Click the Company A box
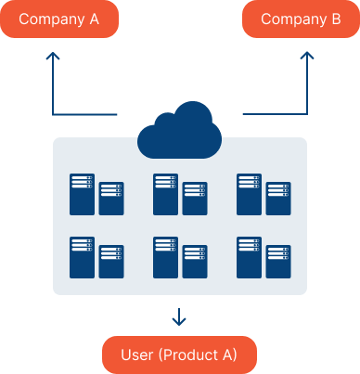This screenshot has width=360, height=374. pos(59,19)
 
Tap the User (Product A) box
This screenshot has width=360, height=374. pos(179,355)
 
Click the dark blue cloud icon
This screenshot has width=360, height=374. pos(179,130)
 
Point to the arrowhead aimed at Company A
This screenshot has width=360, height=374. pos(53,57)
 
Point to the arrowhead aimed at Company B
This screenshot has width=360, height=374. pos(307,57)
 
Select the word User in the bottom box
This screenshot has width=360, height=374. pos(138,355)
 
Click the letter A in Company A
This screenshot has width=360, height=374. pos(94,19)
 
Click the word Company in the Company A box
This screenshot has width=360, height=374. pos(50,19)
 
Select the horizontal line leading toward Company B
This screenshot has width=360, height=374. pos(274,115)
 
